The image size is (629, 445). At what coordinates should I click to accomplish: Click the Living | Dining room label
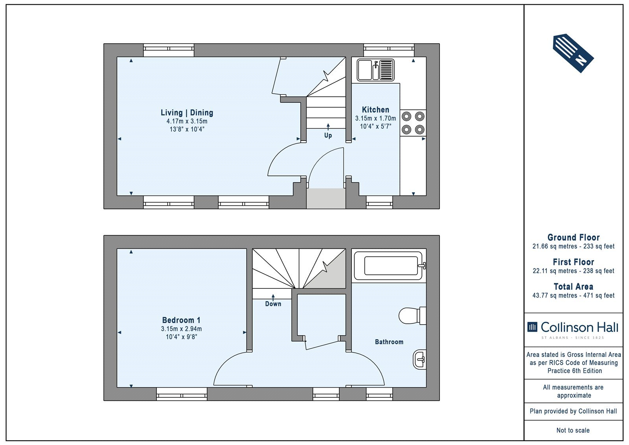click(x=187, y=113)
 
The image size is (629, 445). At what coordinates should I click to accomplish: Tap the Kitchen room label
click(x=375, y=110)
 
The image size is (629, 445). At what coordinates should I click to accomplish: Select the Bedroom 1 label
click(x=181, y=320)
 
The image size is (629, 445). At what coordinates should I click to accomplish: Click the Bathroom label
click(x=389, y=342)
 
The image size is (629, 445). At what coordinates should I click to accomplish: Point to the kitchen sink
click(x=376, y=70)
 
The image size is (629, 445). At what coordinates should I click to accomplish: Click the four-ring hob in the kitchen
click(x=413, y=123)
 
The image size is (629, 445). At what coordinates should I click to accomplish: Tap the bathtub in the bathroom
click(x=390, y=266)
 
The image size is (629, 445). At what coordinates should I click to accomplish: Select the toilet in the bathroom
click(x=412, y=316)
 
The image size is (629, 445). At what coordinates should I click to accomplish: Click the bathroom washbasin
click(x=419, y=360)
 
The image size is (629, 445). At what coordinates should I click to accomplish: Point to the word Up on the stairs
click(x=328, y=135)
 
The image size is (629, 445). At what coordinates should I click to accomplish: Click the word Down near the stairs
click(x=273, y=304)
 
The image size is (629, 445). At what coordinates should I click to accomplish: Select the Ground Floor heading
click(x=574, y=238)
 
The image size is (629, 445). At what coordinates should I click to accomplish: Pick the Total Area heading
click(x=574, y=287)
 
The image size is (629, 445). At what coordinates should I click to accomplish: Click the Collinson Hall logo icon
click(x=532, y=327)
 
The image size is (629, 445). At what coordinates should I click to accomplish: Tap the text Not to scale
click(x=573, y=430)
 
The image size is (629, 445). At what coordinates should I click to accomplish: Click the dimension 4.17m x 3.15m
click(x=187, y=122)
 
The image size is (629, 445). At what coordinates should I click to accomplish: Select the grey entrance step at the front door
click(x=326, y=198)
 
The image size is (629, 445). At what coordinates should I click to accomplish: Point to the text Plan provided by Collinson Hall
click(x=573, y=411)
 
